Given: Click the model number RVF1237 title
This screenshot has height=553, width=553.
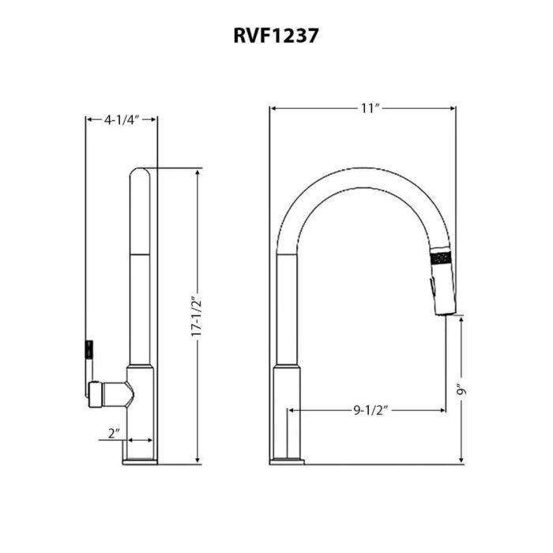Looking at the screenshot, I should (276, 36).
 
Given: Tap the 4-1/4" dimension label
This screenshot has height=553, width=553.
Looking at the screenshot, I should (121, 119).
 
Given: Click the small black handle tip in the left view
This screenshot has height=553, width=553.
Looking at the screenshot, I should (89, 348).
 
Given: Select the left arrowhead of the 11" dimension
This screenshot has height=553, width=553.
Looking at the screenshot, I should (273, 108).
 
